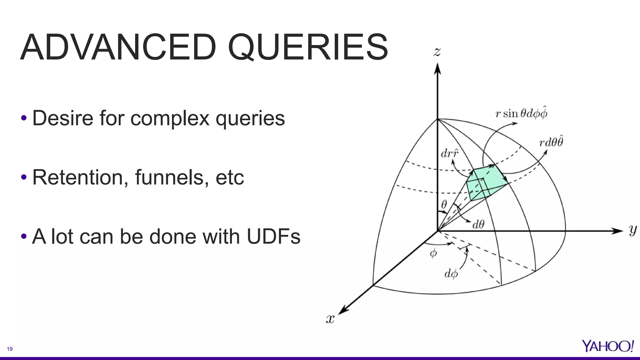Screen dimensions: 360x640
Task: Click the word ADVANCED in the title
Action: [118, 47]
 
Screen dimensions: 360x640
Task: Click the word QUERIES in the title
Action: [308, 47]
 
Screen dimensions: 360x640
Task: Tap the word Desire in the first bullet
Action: [63, 118]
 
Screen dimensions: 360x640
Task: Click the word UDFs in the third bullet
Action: [273, 237]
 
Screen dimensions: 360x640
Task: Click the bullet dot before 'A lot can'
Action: [24, 237]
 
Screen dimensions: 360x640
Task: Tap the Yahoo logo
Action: [607, 346]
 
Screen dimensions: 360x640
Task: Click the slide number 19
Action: [10, 349]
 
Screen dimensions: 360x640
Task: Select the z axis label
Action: [437, 52]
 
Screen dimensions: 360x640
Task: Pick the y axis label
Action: [632, 230]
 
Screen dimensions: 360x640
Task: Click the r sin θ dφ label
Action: [521, 113]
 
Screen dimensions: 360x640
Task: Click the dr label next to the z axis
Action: [449, 153]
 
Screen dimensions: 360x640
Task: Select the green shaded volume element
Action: [486, 183]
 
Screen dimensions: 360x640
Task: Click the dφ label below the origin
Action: [451, 274]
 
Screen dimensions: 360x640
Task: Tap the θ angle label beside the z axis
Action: [444, 205]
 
